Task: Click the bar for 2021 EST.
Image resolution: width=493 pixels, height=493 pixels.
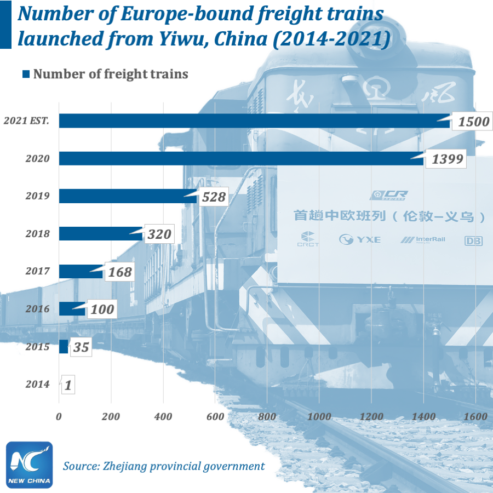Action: pos(252,121)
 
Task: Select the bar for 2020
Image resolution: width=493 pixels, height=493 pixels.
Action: pos(241,158)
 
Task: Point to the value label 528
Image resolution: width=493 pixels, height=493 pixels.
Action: pos(214,197)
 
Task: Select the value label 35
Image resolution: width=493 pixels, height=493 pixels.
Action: pos(81,347)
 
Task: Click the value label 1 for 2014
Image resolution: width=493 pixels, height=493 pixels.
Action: pos(68,385)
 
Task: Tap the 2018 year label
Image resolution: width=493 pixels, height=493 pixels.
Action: pos(37,234)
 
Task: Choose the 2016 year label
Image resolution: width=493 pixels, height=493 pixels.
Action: pos(37,309)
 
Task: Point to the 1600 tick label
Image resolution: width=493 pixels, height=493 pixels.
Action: pos(474,416)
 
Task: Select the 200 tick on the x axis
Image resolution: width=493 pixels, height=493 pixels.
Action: pos(111,416)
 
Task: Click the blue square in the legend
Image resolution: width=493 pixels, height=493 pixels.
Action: pos(25,74)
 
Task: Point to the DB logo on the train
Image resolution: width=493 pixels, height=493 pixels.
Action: pos(473,240)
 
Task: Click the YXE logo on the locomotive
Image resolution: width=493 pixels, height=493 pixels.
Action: pos(360,239)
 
